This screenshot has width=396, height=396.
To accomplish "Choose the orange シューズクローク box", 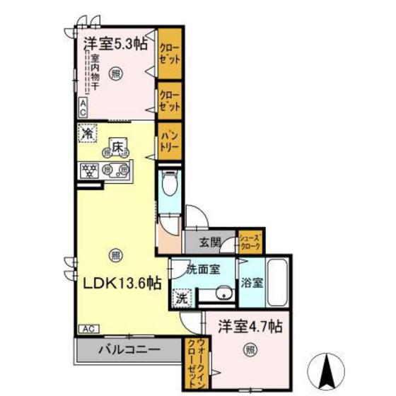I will (x=251, y=243).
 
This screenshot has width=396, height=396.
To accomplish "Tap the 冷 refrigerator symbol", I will (x=88, y=132).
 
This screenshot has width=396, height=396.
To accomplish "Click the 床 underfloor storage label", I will (x=117, y=146).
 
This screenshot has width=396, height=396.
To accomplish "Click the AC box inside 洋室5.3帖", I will (x=83, y=107).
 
